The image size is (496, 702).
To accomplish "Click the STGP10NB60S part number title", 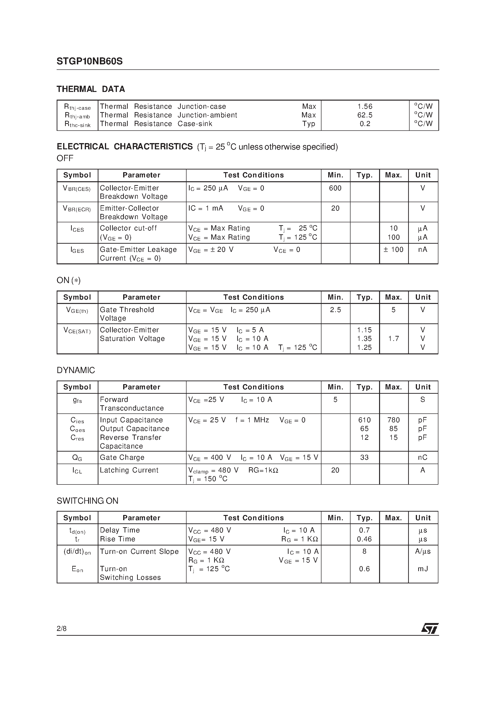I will tap(90, 61).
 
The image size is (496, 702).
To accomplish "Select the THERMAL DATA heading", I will tap(91, 89).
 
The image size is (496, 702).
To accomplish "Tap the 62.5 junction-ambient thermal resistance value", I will tap(365, 115).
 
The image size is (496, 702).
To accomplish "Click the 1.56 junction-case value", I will tap(365, 106).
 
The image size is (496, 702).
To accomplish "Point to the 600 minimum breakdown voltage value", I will tap(335, 188).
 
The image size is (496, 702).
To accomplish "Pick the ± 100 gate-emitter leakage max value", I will tap(393, 249).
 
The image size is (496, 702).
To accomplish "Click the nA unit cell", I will tap(423, 249).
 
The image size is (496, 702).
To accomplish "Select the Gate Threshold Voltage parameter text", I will tap(127, 314).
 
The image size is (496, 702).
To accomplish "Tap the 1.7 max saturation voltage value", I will tap(393, 339).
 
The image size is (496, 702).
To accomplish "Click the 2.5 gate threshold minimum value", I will tap(335, 310).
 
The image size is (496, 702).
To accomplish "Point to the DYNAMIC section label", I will tap(76, 370).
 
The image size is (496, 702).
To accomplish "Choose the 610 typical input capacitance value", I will tap(364, 420).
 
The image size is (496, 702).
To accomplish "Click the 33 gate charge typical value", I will tap(364, 457).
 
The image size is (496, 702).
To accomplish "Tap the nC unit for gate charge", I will tap(423, 457).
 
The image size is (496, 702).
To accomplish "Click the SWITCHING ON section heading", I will tap(87, 501).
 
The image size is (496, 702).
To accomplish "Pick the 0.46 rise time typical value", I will tap(364, 539).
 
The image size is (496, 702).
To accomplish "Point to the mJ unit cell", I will tap(423, 569).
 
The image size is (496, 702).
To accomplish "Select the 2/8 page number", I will tap(61, 629).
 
